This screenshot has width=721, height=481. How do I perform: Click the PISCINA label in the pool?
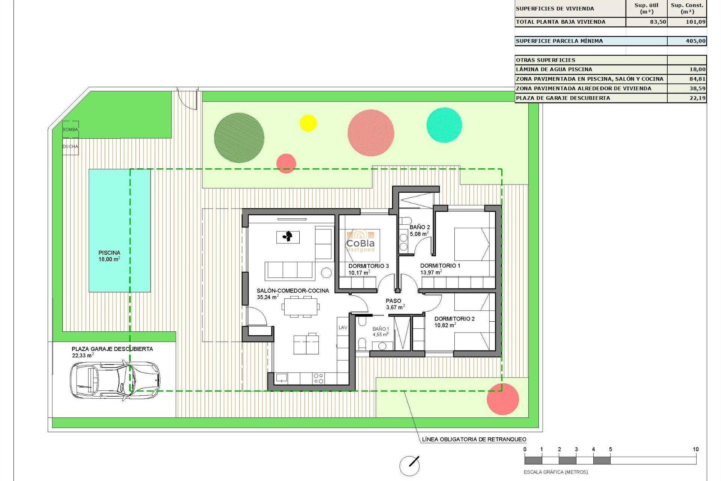click(x=109, y=253)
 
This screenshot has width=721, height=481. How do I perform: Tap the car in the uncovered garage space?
click(x=115, y=380)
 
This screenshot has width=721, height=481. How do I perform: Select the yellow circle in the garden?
click(x=308, y=123)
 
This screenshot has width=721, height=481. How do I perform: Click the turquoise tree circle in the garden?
click(x=444, y=125)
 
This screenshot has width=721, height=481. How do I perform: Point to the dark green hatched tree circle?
click(x=239, y=138)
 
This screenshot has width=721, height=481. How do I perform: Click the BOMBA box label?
click(x=70, y=130)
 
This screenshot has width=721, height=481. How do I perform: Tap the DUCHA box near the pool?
click(x=70, y=147)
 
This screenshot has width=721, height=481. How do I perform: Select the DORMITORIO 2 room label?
click(x=454, y=319)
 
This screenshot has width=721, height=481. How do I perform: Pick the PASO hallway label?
click(x=393, y=301)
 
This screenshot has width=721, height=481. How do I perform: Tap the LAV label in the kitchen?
click(x=343, y=328)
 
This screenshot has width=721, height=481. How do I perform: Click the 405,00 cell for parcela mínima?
click(x=687, y=41)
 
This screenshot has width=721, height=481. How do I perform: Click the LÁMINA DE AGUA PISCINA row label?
click(x=554, y=70)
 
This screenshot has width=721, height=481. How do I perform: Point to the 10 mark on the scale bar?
click(x=695, y=449)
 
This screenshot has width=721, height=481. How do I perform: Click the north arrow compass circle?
click(x=409, y=466)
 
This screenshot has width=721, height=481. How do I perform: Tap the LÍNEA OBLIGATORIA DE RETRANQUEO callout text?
click(x=474, y=439)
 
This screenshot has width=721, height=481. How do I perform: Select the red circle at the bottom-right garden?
click(x=503, y=399)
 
